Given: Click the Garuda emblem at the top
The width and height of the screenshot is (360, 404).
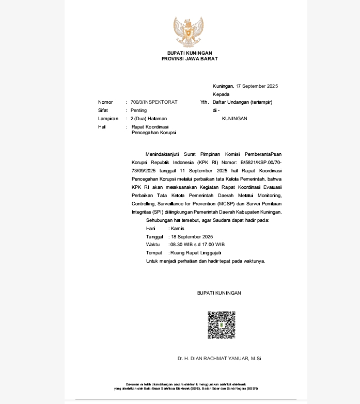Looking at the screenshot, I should tap(189, 32).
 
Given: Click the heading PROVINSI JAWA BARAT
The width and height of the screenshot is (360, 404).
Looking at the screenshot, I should tap(190, 59).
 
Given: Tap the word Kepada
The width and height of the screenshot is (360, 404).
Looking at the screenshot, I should tap(221, 94).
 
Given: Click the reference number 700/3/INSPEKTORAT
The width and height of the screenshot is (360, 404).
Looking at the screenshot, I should tap(154, 102).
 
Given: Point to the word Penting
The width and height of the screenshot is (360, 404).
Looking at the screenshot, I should tap(138, 110).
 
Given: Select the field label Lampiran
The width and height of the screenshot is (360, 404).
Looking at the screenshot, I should tap(108, 119).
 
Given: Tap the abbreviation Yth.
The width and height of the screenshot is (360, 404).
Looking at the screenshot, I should tap(204, 102).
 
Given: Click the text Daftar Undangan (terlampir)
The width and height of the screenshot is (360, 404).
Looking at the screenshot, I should tap(242, 102).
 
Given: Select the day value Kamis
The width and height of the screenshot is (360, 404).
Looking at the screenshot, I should tap(177, 228).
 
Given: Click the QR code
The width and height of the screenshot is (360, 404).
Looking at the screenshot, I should tap(221, 325).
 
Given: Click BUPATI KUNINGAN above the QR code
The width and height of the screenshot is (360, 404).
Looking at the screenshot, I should tap(219, 293).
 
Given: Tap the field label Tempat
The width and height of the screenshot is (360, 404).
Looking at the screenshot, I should tap(154, 253).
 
